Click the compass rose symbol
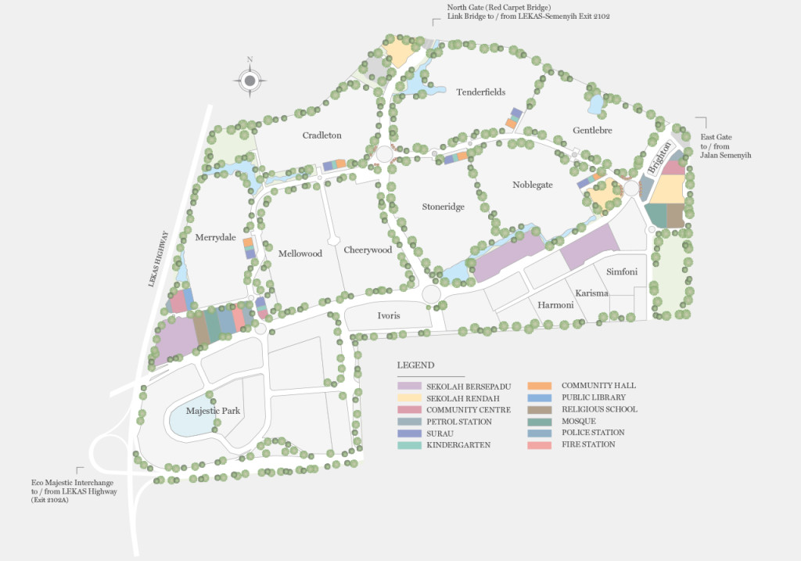(x=250, y=80)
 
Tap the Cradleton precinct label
(x=321, y=135)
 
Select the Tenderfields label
(x=480, y=92)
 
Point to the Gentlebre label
(x=591, y=130)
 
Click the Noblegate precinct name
(x=532, y=185)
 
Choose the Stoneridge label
(x=444, y=207)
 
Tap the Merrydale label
(x=215, y=237)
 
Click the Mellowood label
(x=300, y=254)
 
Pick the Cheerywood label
(x=367, y=250)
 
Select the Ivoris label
(x=389, y=315)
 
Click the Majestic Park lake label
(x=213, y=411)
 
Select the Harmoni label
(x=555, y=304)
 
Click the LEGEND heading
(x=415, y=365)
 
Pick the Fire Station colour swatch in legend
(x=541, y=444)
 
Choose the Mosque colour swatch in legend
(x=541, y=421)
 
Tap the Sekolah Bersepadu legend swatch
(x=408, y=386)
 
